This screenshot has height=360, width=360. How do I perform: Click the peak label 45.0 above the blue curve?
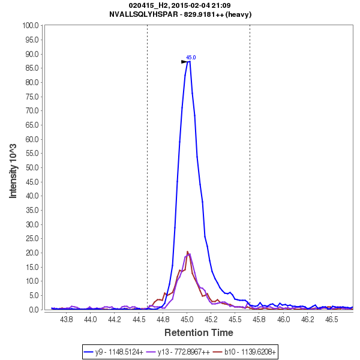click(191, 58)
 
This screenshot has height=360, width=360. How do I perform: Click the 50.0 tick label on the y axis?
click(31, 167)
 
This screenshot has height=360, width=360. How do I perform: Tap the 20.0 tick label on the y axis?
click(31, 253)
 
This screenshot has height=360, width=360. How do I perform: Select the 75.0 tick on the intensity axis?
click(31, 97)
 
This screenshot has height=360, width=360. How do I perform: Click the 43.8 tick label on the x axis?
click(67, 320)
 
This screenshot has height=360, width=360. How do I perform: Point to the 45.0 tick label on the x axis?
click(187, 320)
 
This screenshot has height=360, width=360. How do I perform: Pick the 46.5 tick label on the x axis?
click(331, 320)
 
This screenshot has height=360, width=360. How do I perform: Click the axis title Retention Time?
click(199, 332)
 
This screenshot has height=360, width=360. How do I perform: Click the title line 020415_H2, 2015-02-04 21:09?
click(180, 5)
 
